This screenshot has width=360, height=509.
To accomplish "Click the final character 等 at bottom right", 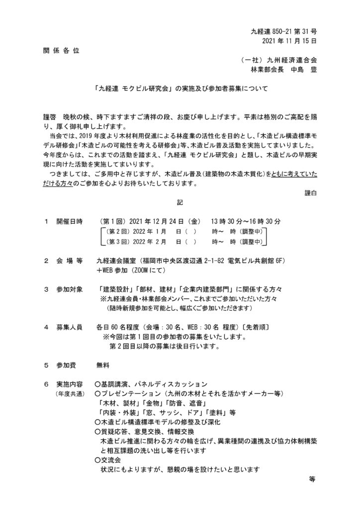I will tap(312, 479).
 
